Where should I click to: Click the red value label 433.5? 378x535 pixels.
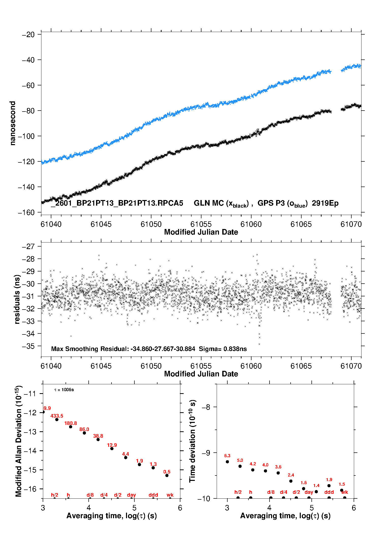point(57,416)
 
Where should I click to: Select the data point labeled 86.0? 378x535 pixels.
point(84,433)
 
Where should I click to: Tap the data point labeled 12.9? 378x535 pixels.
point(112,449)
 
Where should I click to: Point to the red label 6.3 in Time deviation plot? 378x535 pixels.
point(227,456)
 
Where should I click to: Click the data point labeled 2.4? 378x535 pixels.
point(291,481)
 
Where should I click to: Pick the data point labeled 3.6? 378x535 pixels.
point(278,473)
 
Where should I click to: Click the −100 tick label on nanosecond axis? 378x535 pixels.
point(26,136)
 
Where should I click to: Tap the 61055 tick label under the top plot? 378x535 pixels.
point(201,224)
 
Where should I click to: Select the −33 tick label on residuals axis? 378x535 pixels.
point(28,321)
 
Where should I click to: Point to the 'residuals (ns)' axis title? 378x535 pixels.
point(17,299)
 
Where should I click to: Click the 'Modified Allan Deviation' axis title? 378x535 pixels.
point(19,441)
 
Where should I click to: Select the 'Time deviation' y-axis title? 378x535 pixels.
point(192,441)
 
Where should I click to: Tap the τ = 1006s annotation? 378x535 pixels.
point(64,390)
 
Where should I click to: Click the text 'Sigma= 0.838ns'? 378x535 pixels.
point(223,349)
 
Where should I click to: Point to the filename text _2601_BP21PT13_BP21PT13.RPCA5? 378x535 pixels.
point(117,203)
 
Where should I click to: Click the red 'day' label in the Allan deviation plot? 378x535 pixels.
point(131,495)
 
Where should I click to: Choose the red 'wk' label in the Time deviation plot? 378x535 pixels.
point(344,492)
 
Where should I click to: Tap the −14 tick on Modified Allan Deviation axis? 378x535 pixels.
point(30,451)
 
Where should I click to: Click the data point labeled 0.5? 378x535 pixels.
point(167,475)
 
